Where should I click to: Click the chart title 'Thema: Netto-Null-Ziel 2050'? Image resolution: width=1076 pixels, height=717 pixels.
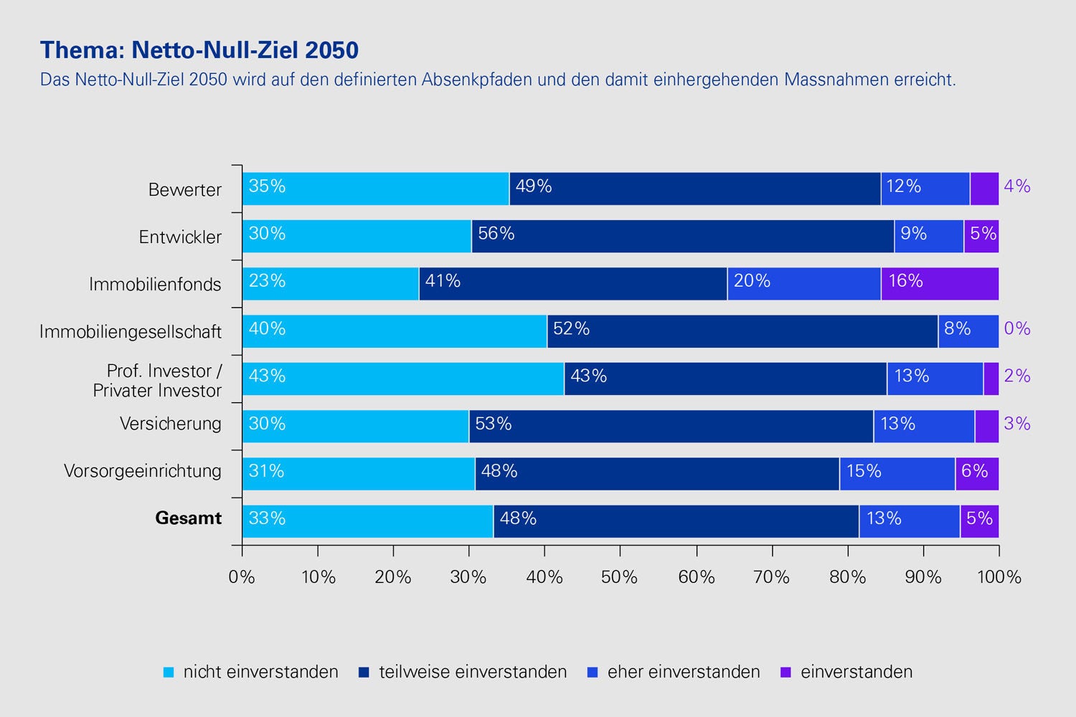point(199,50)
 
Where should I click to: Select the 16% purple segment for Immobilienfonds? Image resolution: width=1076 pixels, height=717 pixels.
point(940,284)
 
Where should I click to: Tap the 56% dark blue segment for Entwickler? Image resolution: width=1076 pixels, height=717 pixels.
point(682,237)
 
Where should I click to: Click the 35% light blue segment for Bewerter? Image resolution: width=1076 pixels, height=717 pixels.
point(375,189)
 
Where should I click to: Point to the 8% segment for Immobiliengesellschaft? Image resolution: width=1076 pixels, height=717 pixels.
point(968,331)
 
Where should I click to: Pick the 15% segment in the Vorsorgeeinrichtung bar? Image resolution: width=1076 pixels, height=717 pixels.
point(897,474)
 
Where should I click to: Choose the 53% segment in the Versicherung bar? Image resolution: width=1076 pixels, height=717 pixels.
point(671,427)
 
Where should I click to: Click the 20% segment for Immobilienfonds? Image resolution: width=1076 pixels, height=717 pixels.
point(803,284)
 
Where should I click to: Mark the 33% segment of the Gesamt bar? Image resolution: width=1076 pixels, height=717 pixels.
point(367,521)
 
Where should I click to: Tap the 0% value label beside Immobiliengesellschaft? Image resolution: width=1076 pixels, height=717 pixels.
point(1017,329)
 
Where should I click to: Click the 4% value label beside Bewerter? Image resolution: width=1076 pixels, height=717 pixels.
point(1017,186)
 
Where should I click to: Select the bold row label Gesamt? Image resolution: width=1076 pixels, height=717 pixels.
point(189,518)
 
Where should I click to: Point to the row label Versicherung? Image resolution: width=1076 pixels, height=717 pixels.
point(171,424)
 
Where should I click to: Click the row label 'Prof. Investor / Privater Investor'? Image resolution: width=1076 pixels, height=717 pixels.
point(158,381)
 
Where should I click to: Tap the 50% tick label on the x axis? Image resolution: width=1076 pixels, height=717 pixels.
point(620,577)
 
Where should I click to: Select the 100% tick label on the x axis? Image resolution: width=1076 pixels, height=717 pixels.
point(999,577)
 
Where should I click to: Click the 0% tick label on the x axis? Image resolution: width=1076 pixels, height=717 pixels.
point(242,577)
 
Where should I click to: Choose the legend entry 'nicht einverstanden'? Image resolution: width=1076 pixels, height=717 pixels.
point(260,672)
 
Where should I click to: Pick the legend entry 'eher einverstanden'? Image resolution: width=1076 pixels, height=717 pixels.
point(683,672)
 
